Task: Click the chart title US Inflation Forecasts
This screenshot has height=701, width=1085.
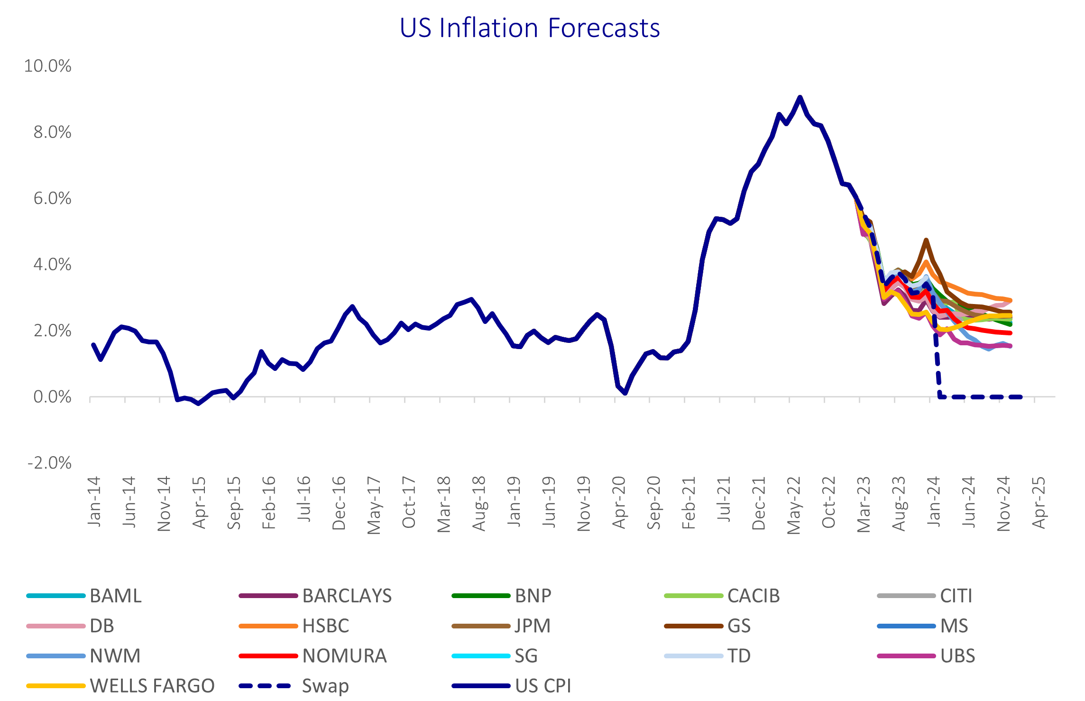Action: point(530,28)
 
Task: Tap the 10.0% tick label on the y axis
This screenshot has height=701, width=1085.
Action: point(47,66)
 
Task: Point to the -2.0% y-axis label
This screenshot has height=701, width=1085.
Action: point(49,463)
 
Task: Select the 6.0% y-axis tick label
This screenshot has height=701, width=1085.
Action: point(52,198)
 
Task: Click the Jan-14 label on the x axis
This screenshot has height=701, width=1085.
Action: point(94,501)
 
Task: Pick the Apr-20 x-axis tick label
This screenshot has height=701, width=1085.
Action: point(619,502)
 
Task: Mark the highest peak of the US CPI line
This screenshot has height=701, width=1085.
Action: point(800,97)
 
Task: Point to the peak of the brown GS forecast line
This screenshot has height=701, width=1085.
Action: point(926,240)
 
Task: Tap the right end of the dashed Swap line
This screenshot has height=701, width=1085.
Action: point(1021,397)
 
